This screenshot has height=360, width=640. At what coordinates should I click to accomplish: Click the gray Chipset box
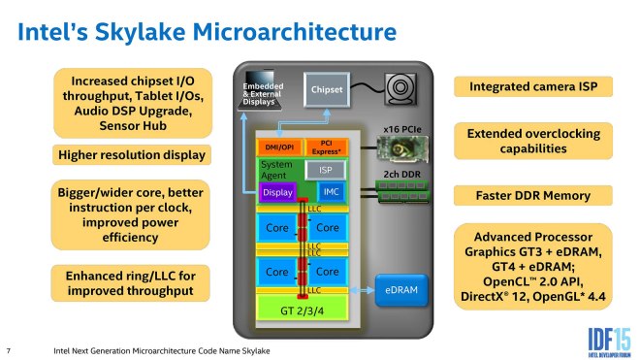(x=327, y=89)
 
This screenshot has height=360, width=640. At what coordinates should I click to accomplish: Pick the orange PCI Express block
(x=326, y=146)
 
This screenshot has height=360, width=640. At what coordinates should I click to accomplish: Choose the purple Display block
(x=276, y=192)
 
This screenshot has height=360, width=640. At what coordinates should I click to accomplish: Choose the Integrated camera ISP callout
(x=534, y=87)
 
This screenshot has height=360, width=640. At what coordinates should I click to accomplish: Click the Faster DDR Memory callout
(x=534, y=196)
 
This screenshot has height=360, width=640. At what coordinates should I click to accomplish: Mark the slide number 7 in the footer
(x=9, y=348)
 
